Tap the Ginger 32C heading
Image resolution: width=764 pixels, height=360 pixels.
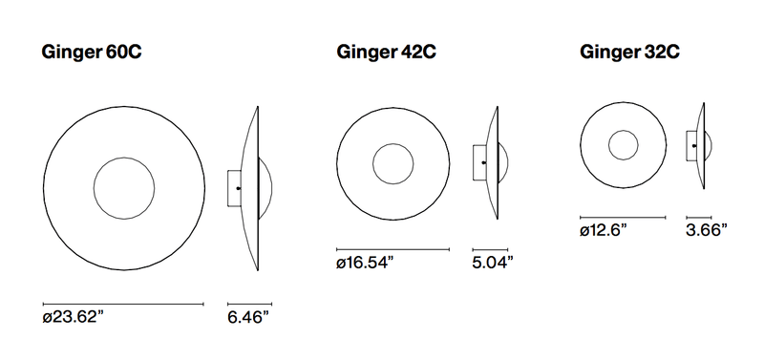[x=630, y=52]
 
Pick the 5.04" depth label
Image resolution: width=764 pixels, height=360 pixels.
[x=493, y=263]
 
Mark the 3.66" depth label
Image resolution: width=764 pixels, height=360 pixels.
[x=707, y=230]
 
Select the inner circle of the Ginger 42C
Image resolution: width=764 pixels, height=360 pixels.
[x=393, y=164]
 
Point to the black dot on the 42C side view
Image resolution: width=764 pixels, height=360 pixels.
[x=484, y=163]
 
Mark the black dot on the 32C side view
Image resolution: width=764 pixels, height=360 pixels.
[x=694, y=145]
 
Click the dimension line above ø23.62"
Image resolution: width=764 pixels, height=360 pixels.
[x=124, y=304]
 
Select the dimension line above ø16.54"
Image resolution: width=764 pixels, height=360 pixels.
[x=393, y=249]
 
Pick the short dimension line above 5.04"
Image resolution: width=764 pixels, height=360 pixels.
[x=490, y=249]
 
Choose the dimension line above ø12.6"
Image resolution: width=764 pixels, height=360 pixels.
[x=623, y=217]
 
